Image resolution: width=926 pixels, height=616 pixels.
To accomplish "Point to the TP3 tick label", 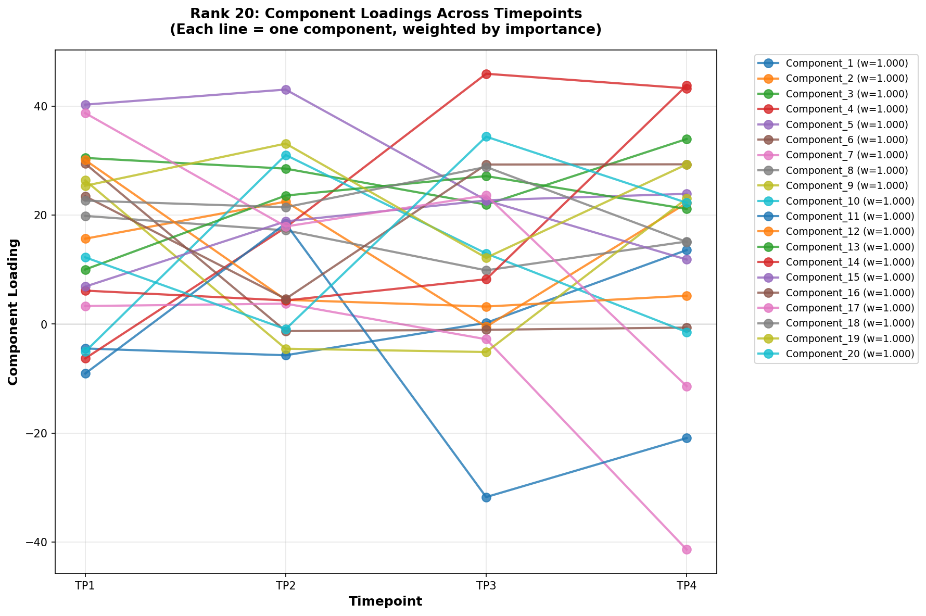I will pos(486,586).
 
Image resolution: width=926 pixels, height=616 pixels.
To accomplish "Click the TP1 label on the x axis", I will pos(85,586).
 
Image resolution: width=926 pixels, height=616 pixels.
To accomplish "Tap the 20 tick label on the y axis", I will pos(41,215).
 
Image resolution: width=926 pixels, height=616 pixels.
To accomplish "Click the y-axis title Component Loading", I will pos(14,312).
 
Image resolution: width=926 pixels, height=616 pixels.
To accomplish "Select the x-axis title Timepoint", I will pos(385,601).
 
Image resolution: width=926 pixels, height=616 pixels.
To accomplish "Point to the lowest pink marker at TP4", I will pos(687,549).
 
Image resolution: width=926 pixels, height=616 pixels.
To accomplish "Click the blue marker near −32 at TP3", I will pos(486,497).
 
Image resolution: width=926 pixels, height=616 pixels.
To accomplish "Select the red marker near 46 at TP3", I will pos(486,74).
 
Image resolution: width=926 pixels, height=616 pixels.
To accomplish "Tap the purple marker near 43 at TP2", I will pos(286,90).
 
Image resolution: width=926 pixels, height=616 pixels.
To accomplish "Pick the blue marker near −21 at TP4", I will pos(687,438).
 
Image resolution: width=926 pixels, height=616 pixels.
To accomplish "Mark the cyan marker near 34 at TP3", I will pos(486,136).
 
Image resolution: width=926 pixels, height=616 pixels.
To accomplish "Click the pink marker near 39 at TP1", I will pos(85,113).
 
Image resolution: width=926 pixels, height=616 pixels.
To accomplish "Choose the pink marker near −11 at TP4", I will pos(687,386).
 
